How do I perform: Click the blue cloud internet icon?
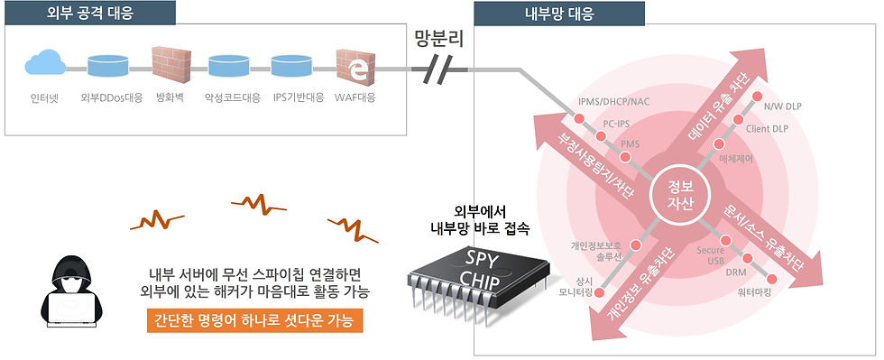[x=45, y=62]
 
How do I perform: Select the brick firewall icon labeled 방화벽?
[x=168, y=64]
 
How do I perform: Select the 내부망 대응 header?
[x=559, y=14]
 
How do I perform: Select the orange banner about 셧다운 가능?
[x=253, y=321]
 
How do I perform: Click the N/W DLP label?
[x=782, y=106]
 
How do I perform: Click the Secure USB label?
[x=710, y=255]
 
